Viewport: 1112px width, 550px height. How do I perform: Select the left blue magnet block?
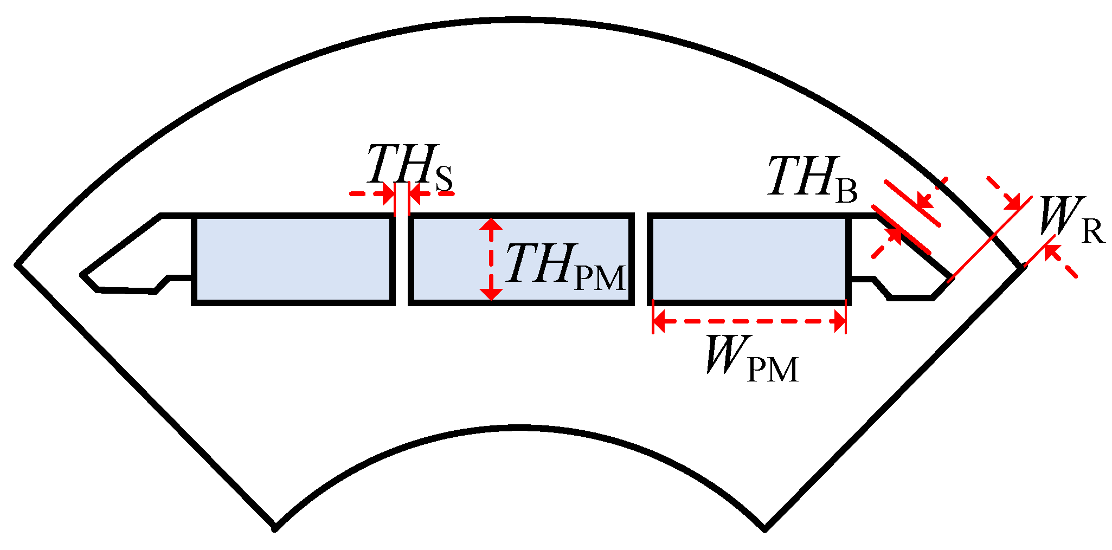(x=293, y=259)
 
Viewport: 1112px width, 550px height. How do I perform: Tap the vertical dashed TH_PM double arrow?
(x=491, y=259)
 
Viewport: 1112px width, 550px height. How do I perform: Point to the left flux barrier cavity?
(x=136, y=255)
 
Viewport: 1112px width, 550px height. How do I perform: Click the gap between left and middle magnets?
(x=402, y=259)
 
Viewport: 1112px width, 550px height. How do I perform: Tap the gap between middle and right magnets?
(x=642, y=259)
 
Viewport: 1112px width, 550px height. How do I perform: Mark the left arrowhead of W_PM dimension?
(x=659, y=322)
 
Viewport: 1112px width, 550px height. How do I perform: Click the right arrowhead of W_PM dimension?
(x=839, y=322)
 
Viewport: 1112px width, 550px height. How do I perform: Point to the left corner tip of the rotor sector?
(x=18, y=265)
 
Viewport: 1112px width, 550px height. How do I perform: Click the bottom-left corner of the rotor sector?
(x=275, y=528)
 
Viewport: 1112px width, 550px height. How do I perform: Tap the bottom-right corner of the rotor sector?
(x=764, y=528)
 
